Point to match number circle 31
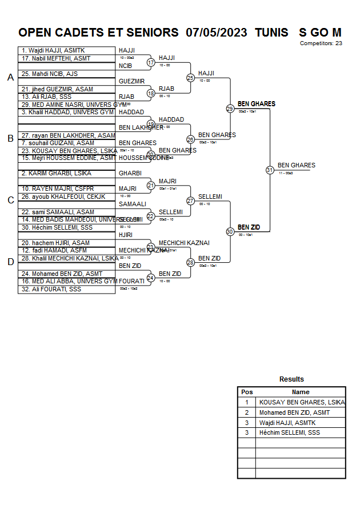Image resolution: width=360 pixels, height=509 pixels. pos(270,170)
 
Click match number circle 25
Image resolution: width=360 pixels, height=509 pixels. pos(190,78)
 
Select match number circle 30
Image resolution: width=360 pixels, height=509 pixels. pos(230,232)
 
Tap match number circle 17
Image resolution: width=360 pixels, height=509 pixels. pos(151,62)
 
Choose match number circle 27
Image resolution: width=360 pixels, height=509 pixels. pos(190,201)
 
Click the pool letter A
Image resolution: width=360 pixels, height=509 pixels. pos(10,78)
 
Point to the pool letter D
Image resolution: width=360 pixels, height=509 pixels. pos(10,262)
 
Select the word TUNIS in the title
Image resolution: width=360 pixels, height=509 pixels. pos(271,33)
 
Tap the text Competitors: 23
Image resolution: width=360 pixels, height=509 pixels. pos(321,43)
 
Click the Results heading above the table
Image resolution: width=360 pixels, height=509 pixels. pos(291,379)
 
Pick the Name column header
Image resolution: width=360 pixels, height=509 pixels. pos(301,392)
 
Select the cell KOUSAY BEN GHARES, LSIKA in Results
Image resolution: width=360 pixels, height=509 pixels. pos(302,402)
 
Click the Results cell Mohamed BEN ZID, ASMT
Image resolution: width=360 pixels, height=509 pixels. pos(294,412)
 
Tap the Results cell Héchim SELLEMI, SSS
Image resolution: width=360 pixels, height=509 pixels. pos(289,432)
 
